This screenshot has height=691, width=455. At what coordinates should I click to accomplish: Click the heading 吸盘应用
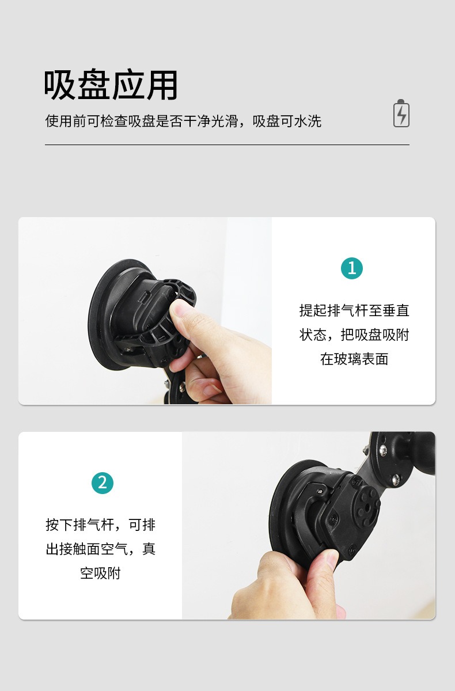point(111,85)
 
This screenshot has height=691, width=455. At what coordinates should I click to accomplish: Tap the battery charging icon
point(401,113)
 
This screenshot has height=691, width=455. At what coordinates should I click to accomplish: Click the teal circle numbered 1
point(352,268)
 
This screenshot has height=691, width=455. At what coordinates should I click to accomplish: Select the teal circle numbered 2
point(103,483)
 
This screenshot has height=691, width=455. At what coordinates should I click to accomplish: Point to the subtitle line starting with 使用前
point(183,121)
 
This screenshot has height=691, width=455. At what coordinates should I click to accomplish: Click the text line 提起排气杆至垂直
point(354,310)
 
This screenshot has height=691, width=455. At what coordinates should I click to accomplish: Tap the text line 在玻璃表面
point(354,359)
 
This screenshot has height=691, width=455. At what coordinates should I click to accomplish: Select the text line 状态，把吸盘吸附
point(354,335)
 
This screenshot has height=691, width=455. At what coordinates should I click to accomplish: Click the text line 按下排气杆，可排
point(101,525)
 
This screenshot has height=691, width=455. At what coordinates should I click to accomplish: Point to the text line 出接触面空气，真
point(101,549)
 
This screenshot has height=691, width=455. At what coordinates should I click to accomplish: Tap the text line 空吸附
point(101,574)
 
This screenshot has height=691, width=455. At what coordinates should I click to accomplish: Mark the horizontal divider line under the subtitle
point(227,145)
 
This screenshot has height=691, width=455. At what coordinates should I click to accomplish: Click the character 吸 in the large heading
point(60,85)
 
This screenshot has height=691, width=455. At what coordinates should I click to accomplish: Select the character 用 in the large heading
point(162,85)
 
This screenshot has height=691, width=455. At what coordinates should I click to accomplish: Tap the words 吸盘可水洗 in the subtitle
point(287,121)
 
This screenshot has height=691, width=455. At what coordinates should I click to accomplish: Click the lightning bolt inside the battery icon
point(401,115)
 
